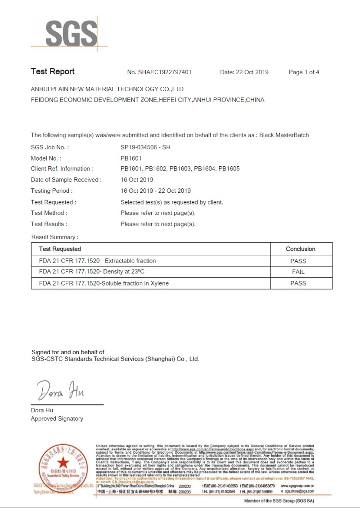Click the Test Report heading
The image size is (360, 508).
click(x=53, y=71)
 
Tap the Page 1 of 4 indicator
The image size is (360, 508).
click(x=304, y=72)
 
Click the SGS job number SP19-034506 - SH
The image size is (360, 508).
click(x=145, y=147)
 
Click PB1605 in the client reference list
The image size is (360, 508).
click(x=229, y=169)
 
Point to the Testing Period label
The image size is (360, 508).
click(x=49, y=191)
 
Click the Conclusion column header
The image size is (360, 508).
click(x=301, y=249)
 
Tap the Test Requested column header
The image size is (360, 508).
click(x=60, y=249)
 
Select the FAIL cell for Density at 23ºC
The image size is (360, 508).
click(x=298, y=272)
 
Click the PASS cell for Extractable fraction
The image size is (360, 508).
click(x=298, y=261)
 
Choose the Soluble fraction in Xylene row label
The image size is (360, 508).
click(x=103, y=283)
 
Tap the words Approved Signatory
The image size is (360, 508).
click(x=57, y=419)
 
